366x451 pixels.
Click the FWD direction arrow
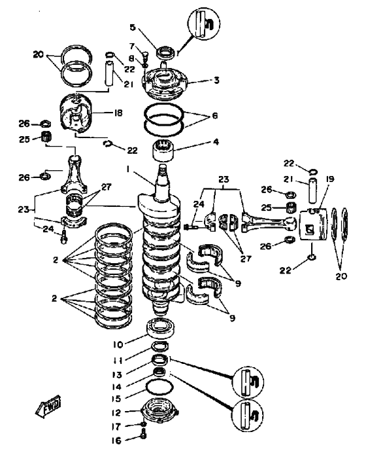48,406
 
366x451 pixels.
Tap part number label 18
118,113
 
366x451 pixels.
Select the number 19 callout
330,179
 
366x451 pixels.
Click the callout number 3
216,80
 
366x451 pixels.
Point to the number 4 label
216,141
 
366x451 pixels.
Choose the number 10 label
118,344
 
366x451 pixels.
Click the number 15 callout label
116,399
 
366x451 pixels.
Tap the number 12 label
116,412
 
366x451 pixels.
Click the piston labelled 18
76,114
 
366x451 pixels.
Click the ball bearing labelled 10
161,327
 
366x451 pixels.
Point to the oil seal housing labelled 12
159,410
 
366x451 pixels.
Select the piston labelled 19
314,225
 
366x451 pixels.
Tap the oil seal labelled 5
165,53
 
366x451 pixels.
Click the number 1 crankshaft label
127,170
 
